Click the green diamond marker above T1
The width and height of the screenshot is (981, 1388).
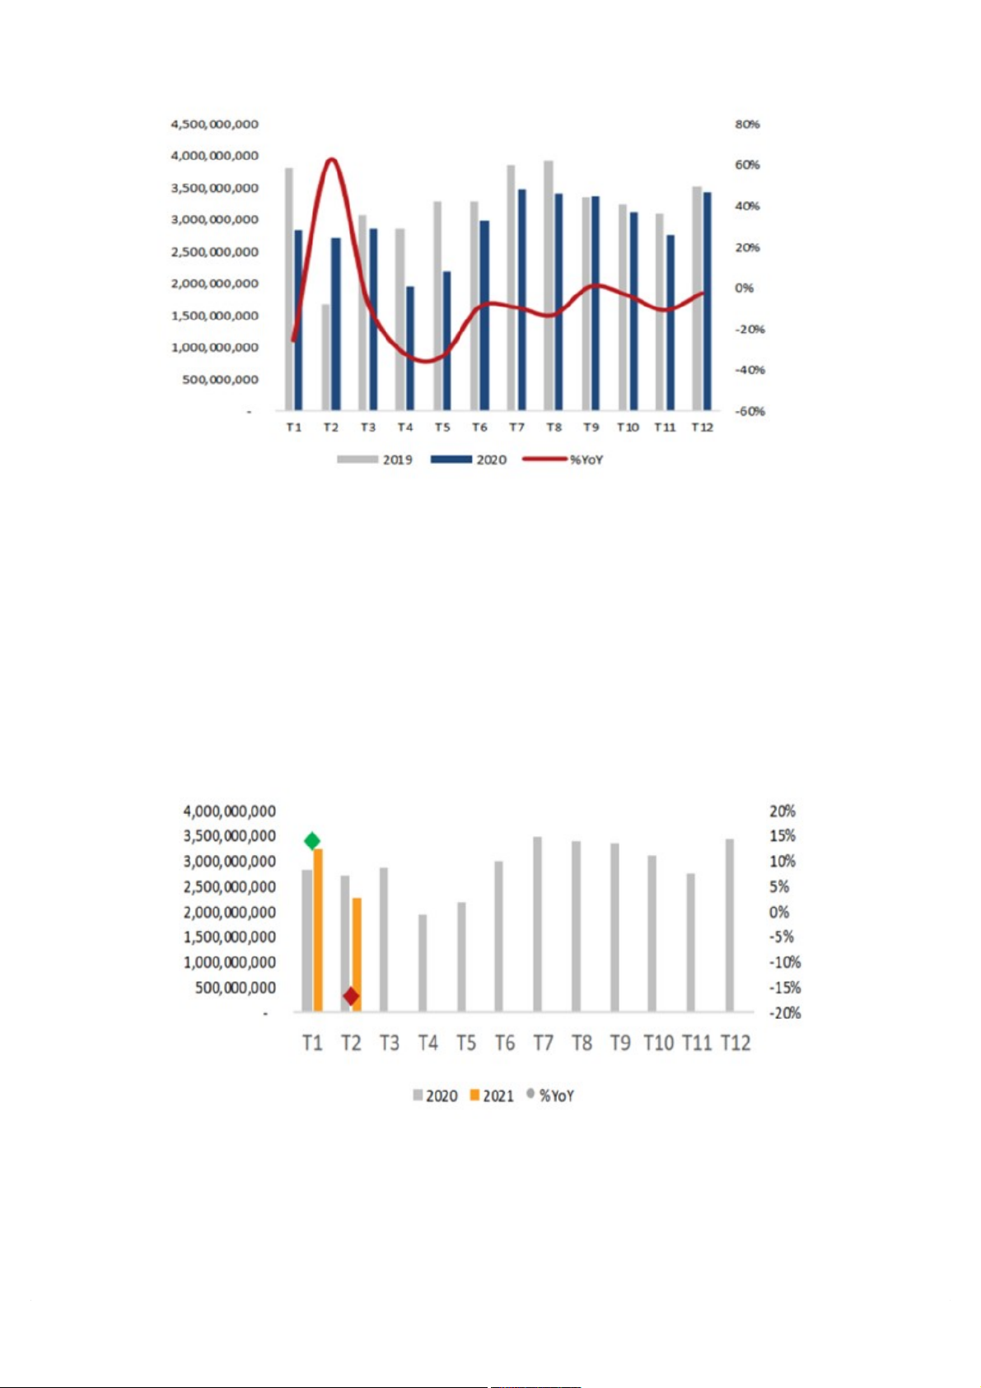pyautogui.click(x=312, y=840)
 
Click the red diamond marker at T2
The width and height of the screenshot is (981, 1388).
pyautogui.click(x=352, y=997)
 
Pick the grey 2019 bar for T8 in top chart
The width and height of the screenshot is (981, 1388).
pyautogui.click(x=549, y=285)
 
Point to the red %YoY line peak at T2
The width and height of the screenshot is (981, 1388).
pyautogui.click(x=331, y=159)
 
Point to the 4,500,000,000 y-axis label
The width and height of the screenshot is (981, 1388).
pyautogui.click(x=214, y=124)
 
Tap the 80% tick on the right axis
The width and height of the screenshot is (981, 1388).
pyautogui.click(x=747, y=124)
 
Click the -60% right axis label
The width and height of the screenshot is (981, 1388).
pyautogui.click(x=750, y=411)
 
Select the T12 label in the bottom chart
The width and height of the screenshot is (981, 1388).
pyautogui.click(x=736, y=1043)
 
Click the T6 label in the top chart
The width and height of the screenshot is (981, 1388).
pyautogui.click(x=479, y=428)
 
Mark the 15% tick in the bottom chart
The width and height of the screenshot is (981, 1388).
pyautogui.click(x=782, y=836)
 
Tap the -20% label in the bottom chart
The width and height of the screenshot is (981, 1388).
pyautogui.click(x=785, y=1012)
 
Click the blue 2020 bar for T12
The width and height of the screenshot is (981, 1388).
pyautogui.click(x=707, y=301)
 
